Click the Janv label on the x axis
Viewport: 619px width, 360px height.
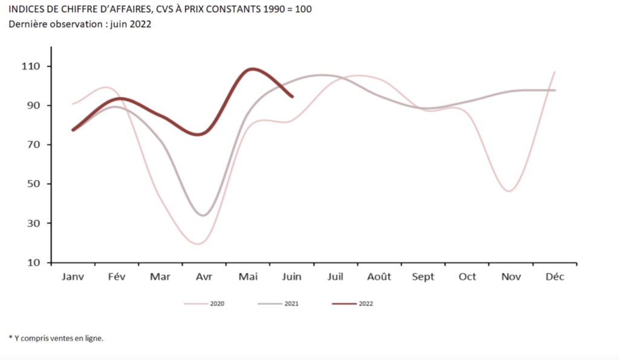click(73, 277)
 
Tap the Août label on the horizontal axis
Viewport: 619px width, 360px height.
click(379, 277)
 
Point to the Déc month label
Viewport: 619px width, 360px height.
click(554, 277)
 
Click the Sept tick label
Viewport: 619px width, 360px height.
click(423, 277)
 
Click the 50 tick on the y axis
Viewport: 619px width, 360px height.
click(34, 184)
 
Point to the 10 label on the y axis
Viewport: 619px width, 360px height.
click(34, 262)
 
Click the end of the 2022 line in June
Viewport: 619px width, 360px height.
click(293, 96)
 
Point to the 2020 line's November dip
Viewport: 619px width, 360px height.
click(510, 191)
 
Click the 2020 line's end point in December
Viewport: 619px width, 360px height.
click(554, 72)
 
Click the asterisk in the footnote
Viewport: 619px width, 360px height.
click(10, 338)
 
